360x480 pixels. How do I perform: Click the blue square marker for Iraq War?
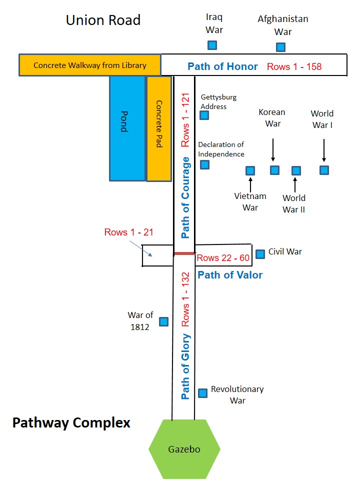click(x=212, y=45)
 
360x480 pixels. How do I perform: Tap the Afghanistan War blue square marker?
click(x=281, y=47)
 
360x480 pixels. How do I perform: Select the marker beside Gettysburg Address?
click(x=204, y=115)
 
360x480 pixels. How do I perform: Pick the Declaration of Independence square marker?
click(x=204, y=164)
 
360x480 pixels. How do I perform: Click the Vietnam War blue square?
click(x=250, y=171)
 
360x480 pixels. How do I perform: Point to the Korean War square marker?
click(x=274, y=170)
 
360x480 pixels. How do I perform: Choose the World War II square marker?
click(x=296, y=171)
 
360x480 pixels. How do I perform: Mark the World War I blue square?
click(x=324, y=170)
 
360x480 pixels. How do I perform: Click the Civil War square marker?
click(x=260, y=254)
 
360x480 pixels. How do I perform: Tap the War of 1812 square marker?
click(x=163, y=321)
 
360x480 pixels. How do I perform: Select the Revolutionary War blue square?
click(x=202, y=393)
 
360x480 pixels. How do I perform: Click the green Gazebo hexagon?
click(x=184, y=449)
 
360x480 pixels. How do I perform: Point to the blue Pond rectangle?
click(x=127, y=128)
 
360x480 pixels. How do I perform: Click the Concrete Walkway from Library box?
click(x=90, y=65)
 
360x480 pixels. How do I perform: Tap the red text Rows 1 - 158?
click(x=294, y=66)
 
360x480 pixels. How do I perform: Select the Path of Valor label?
click(x=230, y=275)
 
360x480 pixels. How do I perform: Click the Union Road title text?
click(x=103, y=20)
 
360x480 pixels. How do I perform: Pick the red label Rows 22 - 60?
click(x=223, y=258)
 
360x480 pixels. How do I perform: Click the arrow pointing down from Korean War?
click(x=273, y=148)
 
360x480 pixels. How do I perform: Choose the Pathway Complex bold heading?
click(x=71, y=423)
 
